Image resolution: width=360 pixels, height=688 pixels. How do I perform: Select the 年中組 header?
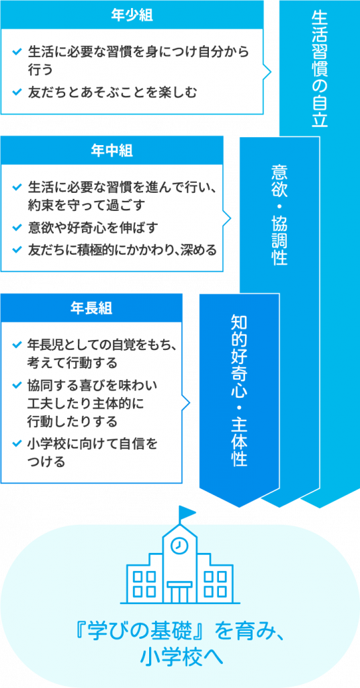pyautogui.click(x=111, y=150)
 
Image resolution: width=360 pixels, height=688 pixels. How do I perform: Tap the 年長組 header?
pyautogui.click(x=91, y=308)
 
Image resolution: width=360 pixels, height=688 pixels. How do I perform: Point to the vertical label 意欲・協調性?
pyautogui.click(x=279, y=214)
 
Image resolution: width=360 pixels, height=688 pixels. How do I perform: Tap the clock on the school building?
pyautogui.click(x=179, y=546)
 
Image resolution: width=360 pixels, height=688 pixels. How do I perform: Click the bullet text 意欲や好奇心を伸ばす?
pyautogui.click(x=93, y=228)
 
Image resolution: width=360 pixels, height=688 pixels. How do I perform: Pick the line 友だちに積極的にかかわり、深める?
pyautogui.click(x=122, y=250)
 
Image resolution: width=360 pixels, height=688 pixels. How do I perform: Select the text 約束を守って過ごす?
pyautogui.click(x=87, y=205)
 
